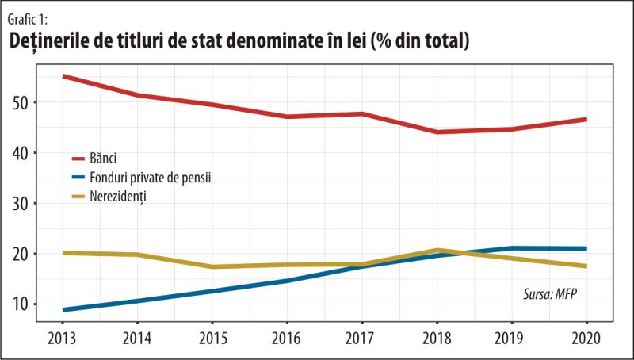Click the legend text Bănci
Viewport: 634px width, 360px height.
103,159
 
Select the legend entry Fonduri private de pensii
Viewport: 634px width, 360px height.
150,177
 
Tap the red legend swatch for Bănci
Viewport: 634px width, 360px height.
78,159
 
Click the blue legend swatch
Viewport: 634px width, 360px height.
78,177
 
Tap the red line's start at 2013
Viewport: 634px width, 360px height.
63,76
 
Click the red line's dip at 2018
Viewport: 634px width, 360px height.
437,132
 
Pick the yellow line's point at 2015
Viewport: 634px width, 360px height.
212,266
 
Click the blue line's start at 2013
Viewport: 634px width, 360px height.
63,309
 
